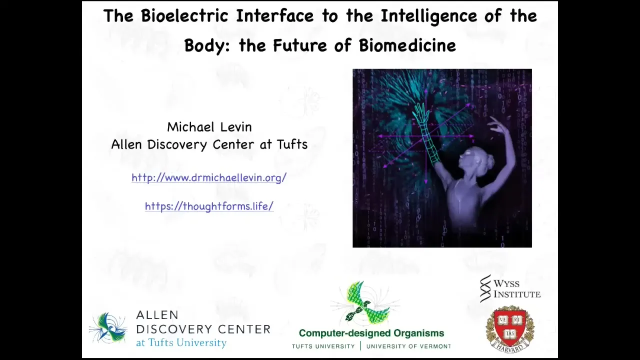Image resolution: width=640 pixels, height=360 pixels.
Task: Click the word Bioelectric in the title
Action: [184, 15]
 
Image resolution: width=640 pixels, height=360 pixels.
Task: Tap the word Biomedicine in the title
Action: [407, 45]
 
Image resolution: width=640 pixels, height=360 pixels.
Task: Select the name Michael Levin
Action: [209, 127]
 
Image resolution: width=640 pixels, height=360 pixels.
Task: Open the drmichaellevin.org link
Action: [209, 177]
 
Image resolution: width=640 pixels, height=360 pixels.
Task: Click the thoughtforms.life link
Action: [209, 206]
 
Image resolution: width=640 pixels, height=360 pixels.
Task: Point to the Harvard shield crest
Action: [510, 329]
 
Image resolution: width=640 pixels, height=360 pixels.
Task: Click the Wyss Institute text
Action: [517, 288]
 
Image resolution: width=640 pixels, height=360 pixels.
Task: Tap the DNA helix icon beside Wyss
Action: [485, 288]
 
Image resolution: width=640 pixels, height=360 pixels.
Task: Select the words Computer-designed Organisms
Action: [371, 333]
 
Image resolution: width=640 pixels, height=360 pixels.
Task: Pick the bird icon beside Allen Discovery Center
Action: [108, 328]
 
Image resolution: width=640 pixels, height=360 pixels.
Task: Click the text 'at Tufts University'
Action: [181, 342]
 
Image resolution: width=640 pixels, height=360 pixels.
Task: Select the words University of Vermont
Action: [408, 346]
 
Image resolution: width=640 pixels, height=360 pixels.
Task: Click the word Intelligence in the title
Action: [429, 16]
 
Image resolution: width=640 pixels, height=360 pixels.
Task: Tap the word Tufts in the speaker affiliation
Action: [292, 144]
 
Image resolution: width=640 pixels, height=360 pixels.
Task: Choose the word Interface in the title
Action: [275, 15]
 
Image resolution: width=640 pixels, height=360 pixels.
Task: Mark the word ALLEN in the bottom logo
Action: [157, 315]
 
